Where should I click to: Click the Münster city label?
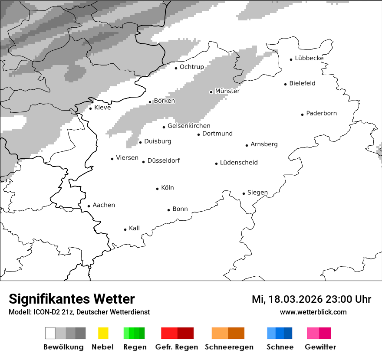[227, 91]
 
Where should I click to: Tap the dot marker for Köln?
[157, 189]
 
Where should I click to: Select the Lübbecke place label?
[309, 58]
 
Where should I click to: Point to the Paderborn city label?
[321, 113]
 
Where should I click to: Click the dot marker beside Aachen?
[89, 206]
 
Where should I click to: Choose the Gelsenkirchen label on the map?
[189, 126]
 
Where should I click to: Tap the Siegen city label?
[257, 193]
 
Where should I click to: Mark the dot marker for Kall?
[125, 229]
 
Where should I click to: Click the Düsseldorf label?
[163, 160]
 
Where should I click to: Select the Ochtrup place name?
[191, 67]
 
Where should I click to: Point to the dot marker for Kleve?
[90, 108]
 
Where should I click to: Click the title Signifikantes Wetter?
[72, 299]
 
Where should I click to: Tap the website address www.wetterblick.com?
[313, 312]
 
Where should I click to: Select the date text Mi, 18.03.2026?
[286, 299]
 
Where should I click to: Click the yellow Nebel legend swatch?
[103, 333]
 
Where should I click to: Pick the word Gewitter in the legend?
[320, 347]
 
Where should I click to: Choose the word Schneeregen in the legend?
[229, 347]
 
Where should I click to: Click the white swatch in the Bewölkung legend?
[50, 333]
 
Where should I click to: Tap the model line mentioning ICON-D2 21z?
[79, 312]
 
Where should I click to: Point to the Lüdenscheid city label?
[239, 163]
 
